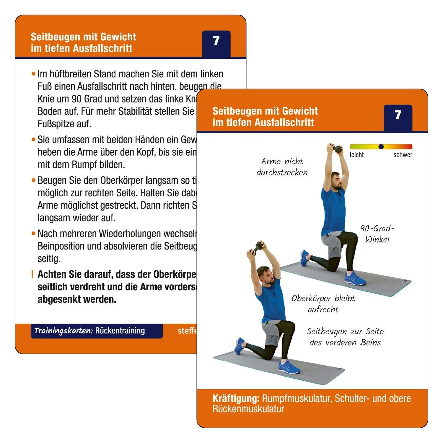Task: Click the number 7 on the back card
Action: click(216, 41)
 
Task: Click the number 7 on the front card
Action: click(398, 115)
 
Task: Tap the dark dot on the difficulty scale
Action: click(381, 146)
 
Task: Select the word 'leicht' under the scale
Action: click(356, 155)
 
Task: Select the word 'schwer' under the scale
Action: click(403, 155)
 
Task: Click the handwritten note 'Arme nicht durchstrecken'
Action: click(282, 167)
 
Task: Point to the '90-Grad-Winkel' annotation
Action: click(377, 234)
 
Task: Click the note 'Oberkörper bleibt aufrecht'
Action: click(323, 304)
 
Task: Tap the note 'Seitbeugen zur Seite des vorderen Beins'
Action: click(345, 337)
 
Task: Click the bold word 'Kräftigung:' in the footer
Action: click(236, 398)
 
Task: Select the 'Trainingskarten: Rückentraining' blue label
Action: click(96, 331)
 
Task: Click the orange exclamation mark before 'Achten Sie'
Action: click(32, 274)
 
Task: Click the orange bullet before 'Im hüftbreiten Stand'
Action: click(33, 74)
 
